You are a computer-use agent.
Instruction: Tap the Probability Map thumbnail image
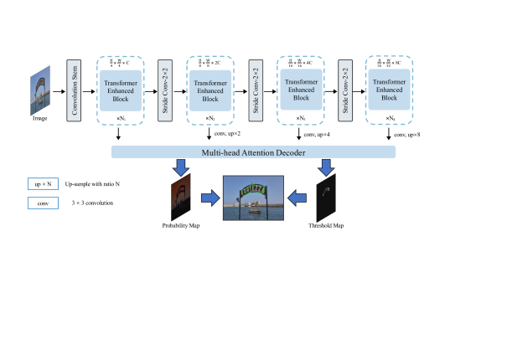182,196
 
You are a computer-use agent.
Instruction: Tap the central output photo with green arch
254,198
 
